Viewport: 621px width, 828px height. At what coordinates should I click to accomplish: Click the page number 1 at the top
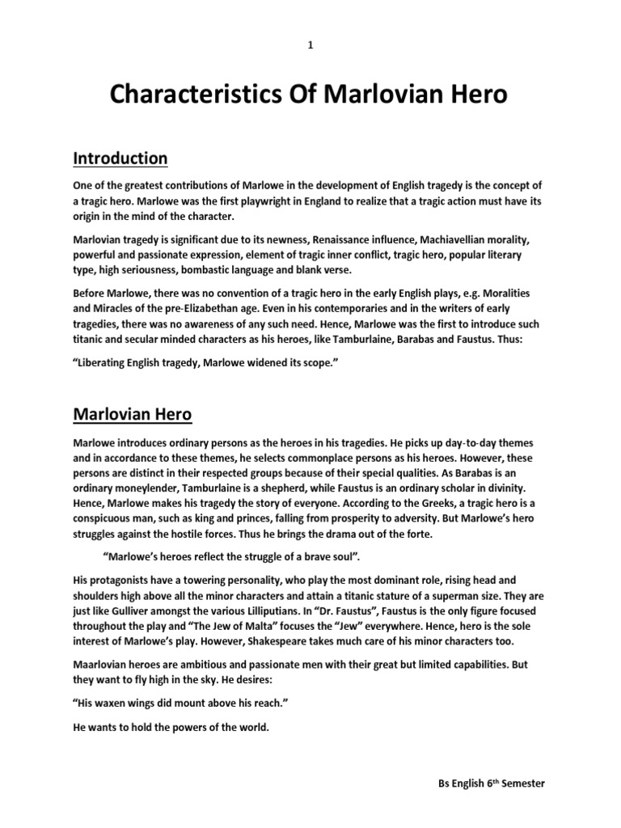pyautogui.click(x=310, y=45)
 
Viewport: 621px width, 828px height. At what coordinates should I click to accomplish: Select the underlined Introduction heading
pyautogui.click(x=120, y=158)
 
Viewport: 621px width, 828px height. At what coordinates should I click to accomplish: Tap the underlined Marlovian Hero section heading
pyautogui.click(x=133, y=415)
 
